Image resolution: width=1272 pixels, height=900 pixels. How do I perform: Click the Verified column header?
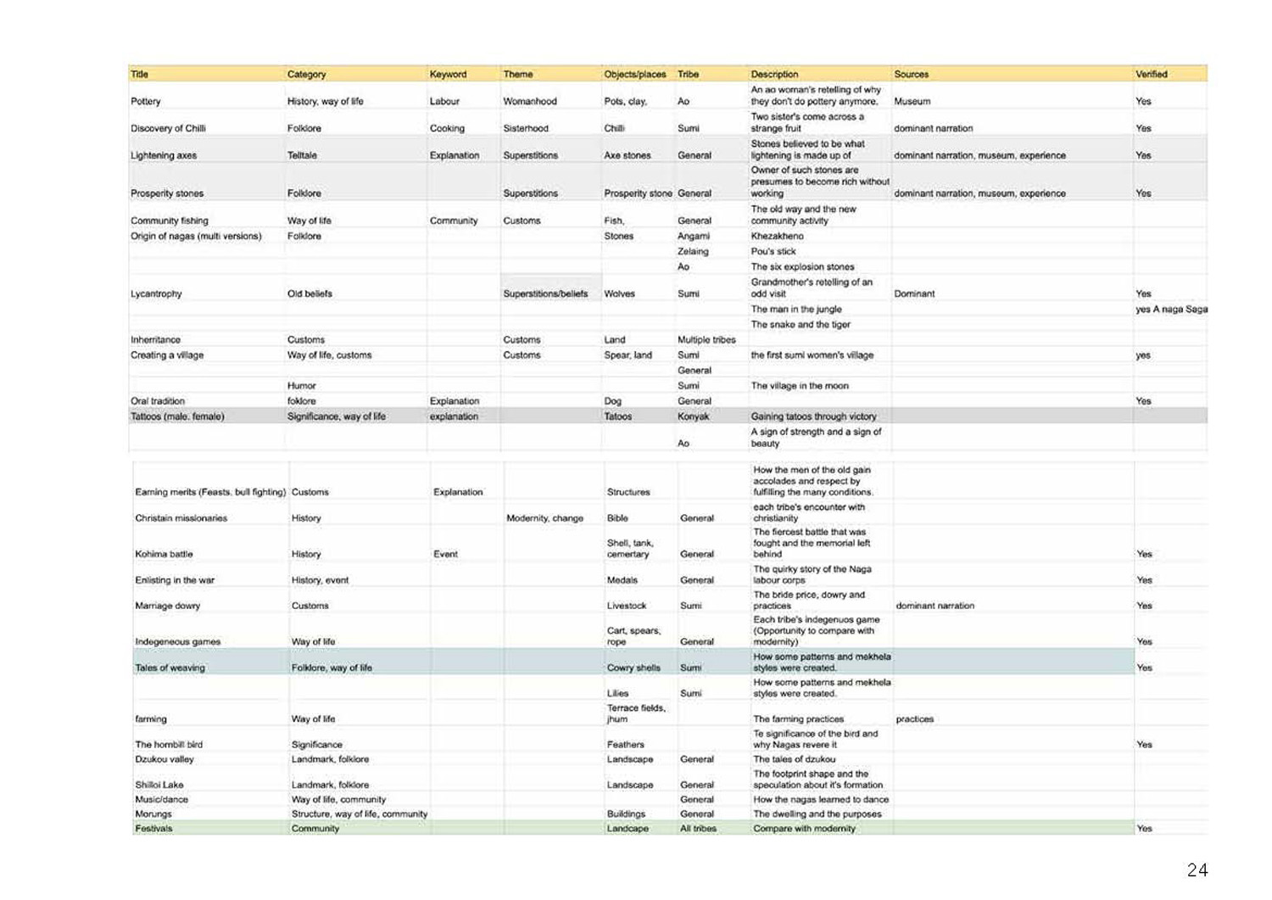pyautogui.click(x=1151, y=75)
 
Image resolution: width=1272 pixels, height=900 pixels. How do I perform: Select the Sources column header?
pyautogui.click(x=911, y=75)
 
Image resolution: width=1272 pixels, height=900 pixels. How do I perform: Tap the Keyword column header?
pyautogui.click(x=448, y=75)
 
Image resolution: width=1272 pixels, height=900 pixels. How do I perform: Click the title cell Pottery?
pyautogui.click(x=146, y=102)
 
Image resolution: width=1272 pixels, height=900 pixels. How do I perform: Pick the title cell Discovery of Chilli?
pyautogui.click(x=168, y=129)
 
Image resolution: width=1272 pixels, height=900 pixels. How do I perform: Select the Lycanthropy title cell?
pyautogui.click(x=156, y=294)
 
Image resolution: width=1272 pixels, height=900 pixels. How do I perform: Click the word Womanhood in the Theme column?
pyautogui.click(x=530, y=102)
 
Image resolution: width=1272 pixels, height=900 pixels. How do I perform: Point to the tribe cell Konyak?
pyautogui.click(x=693, y=416)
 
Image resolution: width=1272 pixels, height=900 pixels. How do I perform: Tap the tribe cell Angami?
pyautogui.click(x=693, y=237)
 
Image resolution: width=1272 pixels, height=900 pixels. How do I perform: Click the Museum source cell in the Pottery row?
pyautogui.click(x=912, y=102)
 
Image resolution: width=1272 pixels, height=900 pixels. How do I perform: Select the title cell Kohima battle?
pyautogui.click(x=164, y=555)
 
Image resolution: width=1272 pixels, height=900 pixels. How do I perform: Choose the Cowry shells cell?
pyautogui.click(x=633, y=668)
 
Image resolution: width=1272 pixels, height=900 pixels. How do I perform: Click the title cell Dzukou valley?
pyautogui.click(x=165, y=760)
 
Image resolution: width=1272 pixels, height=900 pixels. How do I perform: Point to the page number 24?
pyautogui.click(x=1197, y=870)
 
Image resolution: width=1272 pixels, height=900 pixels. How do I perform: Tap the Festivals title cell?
pyautogui.click(x=153, y=829)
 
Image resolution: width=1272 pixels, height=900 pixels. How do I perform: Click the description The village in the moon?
pyautogui.click(x=799, y=386)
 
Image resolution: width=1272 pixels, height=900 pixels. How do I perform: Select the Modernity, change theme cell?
pyautogui.click(x=544, y=518)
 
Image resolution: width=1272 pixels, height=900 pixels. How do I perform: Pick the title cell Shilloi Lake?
pyautogui.click(x=159, y=785)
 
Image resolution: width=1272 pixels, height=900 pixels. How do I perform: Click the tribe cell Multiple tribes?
pyautogui.click(x=706, y=340)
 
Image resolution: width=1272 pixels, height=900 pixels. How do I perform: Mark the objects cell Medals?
pyautogui.click(x=622, y=580)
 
